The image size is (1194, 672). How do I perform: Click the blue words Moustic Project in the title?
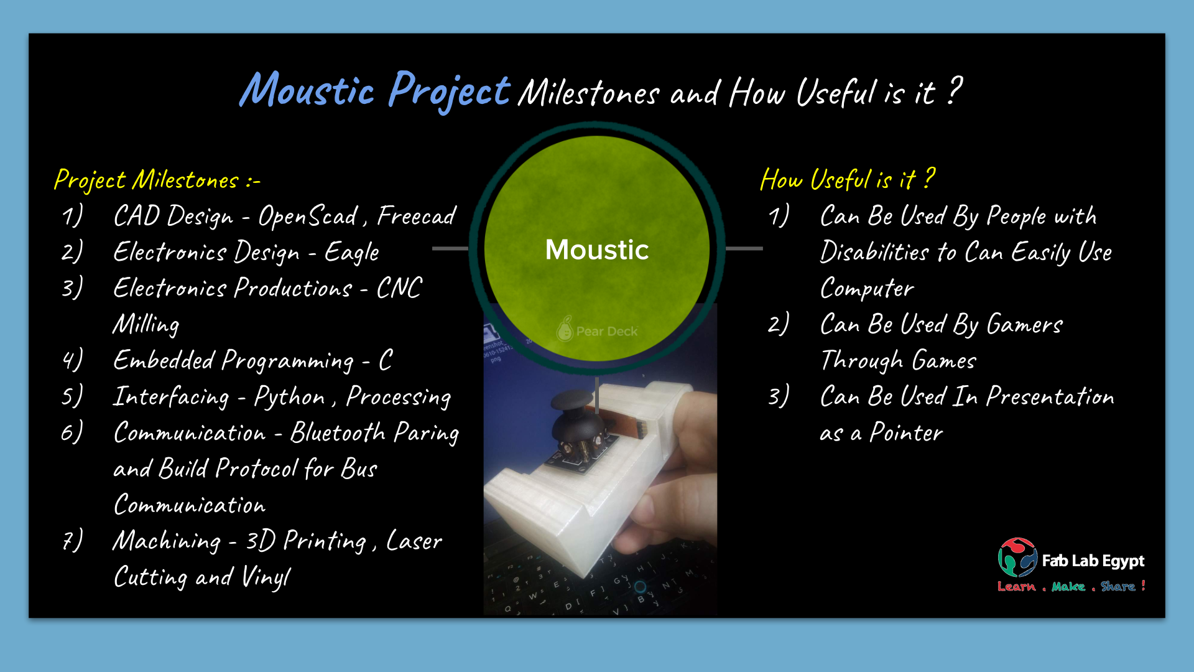tap(375, 91)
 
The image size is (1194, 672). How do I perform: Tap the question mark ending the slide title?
tap(955, 90)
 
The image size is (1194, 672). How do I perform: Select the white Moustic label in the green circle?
tap(597, 250)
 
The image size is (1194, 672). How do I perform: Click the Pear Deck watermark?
tap(597, 330)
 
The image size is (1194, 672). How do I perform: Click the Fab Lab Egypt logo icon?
tap(1017, 558)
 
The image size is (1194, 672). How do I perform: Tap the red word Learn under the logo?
tap(1017, 586)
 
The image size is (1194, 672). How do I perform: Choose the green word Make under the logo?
tap(1068, 586)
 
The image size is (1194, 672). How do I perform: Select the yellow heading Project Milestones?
tap(157, 180)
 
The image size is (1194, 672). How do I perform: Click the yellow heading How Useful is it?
tap(848, 179)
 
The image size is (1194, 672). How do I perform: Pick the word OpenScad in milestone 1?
tap(308, 217)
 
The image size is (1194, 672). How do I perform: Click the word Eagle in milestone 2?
tap(351, 253)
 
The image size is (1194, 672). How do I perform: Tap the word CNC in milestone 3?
tap(399, 288)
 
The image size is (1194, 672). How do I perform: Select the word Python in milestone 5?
tap(289, 397)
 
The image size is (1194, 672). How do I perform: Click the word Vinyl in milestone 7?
tap(266, 577)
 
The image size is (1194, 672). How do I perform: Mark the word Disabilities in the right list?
tap(874, 252)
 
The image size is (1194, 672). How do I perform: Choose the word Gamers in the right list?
tap(1025, 324)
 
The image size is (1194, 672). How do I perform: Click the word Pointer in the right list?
tap(906, 432)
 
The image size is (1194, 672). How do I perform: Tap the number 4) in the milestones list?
tap(72, 360)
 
